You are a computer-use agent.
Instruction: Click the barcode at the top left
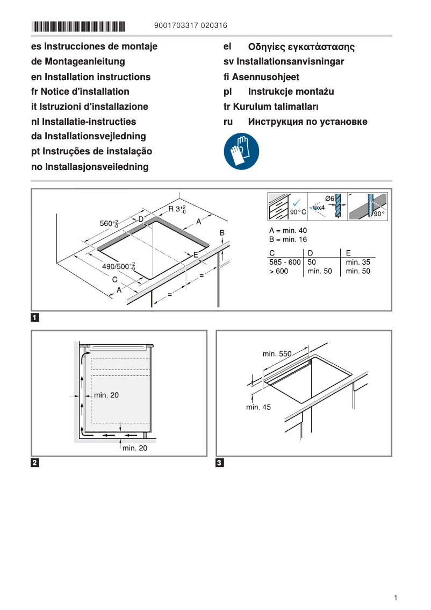78,26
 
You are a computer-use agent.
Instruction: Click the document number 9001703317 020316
190,25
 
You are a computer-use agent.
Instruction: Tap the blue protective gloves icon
241,152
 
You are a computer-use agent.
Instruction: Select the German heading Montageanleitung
78,61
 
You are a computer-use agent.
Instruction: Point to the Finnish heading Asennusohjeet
261,77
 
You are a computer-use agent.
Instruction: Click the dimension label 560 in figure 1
109,223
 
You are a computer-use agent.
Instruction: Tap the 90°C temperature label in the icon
298,212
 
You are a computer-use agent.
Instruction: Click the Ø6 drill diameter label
330,198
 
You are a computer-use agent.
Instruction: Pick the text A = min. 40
288,230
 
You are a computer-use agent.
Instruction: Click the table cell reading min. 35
358,262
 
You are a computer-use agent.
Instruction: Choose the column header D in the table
310,253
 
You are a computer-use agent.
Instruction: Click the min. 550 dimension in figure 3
277,353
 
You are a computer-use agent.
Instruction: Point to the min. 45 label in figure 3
258,407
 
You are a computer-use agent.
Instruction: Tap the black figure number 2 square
35,463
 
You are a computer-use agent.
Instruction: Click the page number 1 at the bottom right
395,598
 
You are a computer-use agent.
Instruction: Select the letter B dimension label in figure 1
222,232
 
